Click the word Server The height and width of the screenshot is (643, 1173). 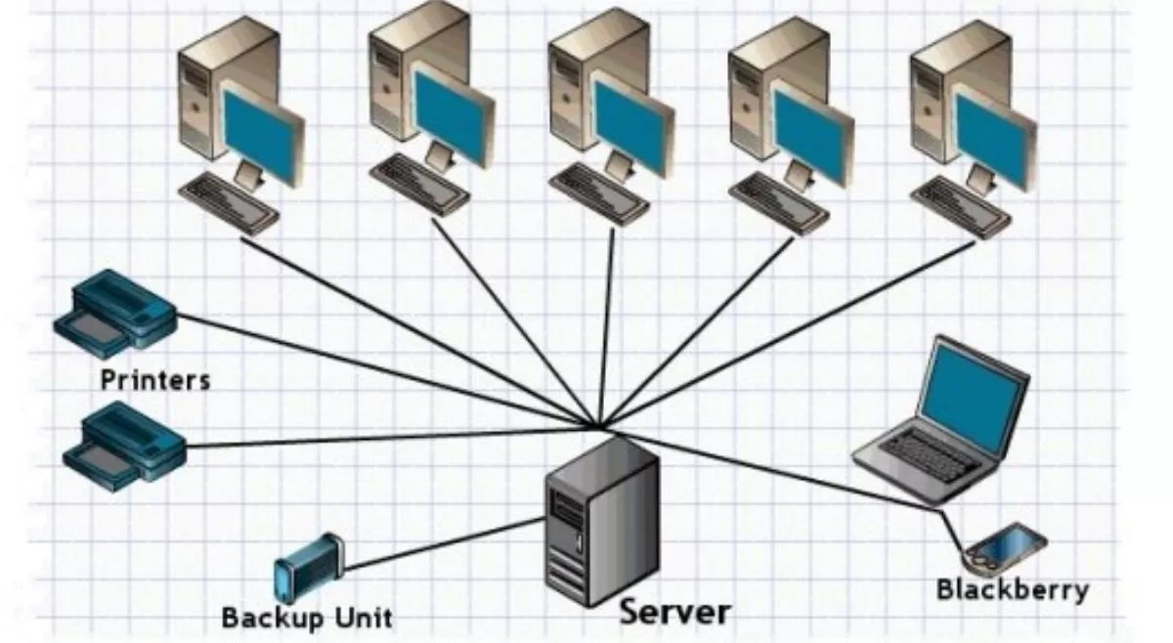pos(674,613)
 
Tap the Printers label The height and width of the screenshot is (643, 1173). pos(154,379)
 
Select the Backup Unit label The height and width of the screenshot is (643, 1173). pos(306,618)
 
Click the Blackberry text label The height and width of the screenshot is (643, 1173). pos(1012,590)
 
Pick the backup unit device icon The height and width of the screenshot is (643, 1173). pos(308,566)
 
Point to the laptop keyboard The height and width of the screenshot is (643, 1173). pos(920,453)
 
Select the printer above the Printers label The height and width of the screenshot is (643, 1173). pos(114,312)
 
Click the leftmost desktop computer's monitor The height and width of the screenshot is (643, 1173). pos(262,131)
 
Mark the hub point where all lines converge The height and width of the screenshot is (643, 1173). pos(598,426)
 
